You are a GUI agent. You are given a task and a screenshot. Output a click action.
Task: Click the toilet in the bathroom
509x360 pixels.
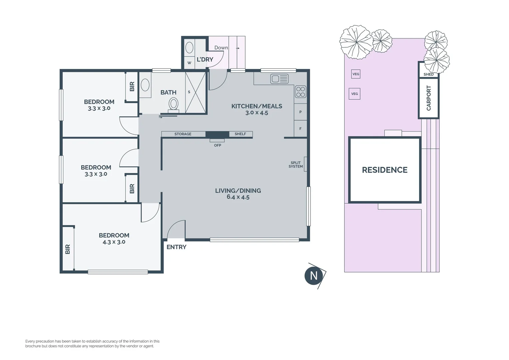(x=173, y=105)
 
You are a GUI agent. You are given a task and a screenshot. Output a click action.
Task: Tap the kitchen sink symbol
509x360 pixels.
(x=279, y=79)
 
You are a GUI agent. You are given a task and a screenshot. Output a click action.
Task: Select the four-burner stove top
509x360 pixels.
(x=300, y=92)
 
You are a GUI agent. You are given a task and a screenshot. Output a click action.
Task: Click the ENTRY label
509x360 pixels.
(x=176, y=247)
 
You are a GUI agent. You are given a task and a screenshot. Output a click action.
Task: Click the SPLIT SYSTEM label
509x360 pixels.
(x=295, y=164)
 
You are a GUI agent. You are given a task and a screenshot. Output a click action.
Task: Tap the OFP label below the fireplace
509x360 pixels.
(x=218, y=145)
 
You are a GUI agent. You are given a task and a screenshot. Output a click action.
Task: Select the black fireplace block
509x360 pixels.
(x=217, y=134)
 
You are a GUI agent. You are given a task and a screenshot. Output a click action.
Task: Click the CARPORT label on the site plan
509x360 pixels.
(x=429, y=98)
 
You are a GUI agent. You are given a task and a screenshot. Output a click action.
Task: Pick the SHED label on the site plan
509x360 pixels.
(x=429, y=74)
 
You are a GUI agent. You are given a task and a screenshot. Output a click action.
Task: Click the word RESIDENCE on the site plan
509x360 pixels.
(x=384, y=170)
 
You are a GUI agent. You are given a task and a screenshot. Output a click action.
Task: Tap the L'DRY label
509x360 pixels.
(x=205, y=60)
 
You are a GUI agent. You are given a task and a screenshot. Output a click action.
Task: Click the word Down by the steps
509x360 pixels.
(x=221, y=48)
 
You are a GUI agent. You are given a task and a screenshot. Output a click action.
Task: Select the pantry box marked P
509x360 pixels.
(x=300, y=112)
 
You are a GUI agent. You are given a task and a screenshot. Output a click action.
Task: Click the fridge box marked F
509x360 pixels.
(x=300, y=128)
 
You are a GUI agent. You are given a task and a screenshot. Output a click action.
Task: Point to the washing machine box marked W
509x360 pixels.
(x=189, y=63)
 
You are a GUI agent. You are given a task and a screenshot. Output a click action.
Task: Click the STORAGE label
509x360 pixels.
(x=183, y=134)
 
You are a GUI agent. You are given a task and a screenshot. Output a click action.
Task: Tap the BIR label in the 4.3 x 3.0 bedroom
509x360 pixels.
(x=68, y=249)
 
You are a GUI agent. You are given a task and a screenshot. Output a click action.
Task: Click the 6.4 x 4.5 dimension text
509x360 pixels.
(x=238, y=197)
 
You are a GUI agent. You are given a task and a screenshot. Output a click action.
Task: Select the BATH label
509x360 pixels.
(x=168, y=92)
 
